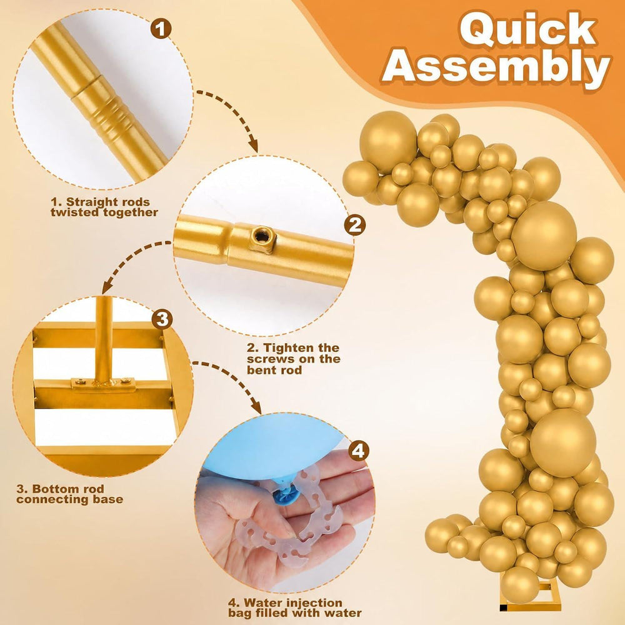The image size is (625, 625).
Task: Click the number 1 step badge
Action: (161, 29)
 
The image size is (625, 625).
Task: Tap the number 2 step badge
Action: (354, 225)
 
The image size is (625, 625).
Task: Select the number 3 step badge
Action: (162, 319)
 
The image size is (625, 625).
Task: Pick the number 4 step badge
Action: (358, 451)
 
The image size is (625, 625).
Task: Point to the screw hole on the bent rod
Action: (262, 236)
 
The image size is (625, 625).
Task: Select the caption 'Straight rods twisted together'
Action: (104, 207)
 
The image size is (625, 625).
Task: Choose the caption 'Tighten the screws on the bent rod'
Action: (293, 359)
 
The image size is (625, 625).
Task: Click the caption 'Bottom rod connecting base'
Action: (70, 494)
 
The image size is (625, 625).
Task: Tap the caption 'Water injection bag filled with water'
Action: (294, 607)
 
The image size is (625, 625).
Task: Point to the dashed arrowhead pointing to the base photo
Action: (107, 287)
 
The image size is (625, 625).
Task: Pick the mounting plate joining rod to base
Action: (103, 384)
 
